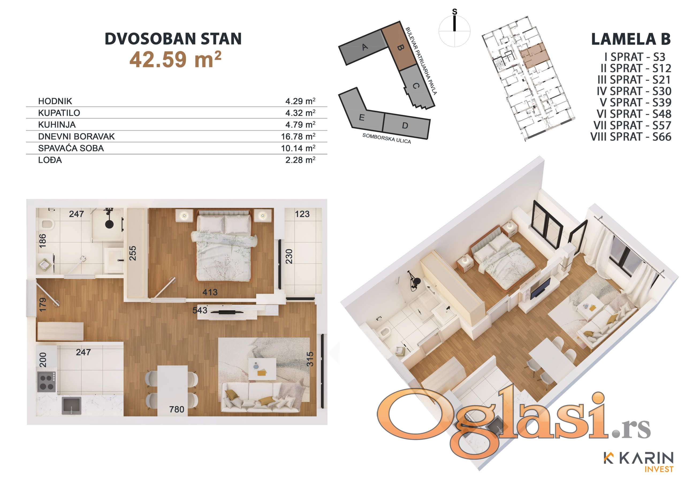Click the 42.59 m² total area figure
(176, 59)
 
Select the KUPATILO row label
(59, 113)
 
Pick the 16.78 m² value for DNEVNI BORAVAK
(298, 136)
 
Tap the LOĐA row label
(50, 160)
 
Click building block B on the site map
(399, 47)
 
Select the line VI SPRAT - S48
(634, 114)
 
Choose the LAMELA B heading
(631, 39)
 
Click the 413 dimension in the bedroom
(210, 292)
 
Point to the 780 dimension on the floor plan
(177, 409)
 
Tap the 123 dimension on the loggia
(302, 214)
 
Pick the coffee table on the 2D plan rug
(262, 369)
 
